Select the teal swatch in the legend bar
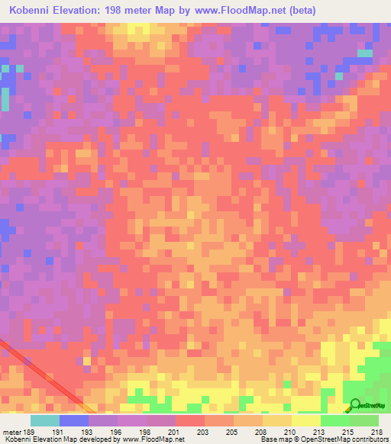point(45,420)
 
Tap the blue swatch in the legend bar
point(74,420)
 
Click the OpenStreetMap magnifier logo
point(355,405)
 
